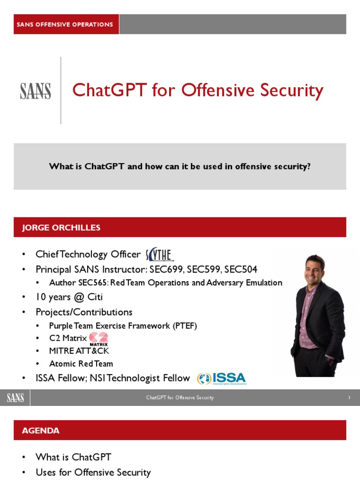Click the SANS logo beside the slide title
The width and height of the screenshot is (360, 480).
[x=35, y=91]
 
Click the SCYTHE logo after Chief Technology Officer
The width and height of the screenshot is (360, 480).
[x=160, y=255]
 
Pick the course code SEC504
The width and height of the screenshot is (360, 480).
[x=240, y=270]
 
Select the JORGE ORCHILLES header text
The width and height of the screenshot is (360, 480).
[x=61, y=228]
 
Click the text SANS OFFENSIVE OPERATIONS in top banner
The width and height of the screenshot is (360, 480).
[x=65, y=24]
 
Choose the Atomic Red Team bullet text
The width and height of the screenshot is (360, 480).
[x=81, y=364]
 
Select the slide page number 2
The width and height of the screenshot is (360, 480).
[x=349, y=397]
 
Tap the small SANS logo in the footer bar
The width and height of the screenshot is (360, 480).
[x=15, y=398]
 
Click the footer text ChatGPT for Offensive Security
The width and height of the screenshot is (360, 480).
[x=180, y=397]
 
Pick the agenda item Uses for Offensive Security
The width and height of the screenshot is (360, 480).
[x=93, y=472]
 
